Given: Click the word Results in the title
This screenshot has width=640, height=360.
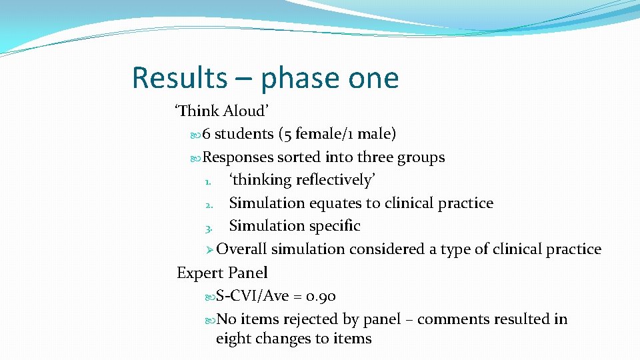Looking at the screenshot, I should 179,78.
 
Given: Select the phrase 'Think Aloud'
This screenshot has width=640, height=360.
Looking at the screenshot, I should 221,111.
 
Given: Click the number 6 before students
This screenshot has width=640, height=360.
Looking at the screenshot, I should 207,134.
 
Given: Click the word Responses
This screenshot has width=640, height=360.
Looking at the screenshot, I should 238,158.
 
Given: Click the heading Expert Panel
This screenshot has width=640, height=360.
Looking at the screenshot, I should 222,273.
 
